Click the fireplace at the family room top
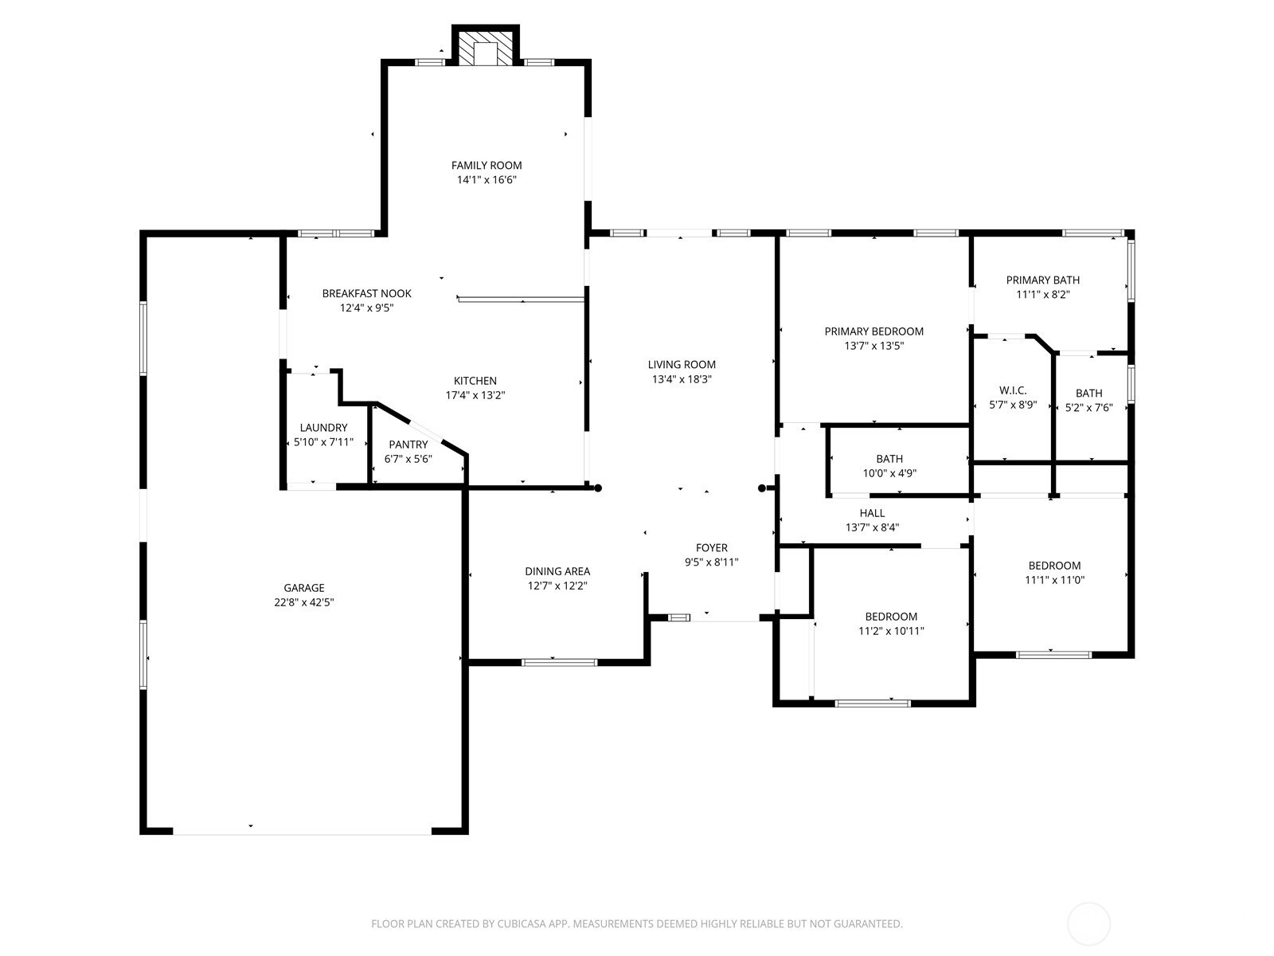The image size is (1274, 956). click(x=485, y=48)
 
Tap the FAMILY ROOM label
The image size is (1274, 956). click(x=487, y=166)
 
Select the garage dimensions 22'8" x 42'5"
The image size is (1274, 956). click(x=303, y=602)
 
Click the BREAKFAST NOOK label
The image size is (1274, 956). click(x=366, y=294)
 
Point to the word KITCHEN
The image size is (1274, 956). click(x=475, y=381)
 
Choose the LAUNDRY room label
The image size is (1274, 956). click(x=323, y=428)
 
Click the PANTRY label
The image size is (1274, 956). click(x=408, y=445)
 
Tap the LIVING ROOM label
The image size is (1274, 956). click(x=682, y=365)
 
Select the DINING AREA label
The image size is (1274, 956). click(x=557, y=571)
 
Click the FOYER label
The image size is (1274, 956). click(x=712, y=547)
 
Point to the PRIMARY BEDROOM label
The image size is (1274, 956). click(x=873, y=331)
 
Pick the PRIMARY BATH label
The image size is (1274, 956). click(x=1042, y=280)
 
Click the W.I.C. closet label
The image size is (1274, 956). click(x=1013, y=390)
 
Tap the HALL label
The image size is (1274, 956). click(x=872, y=513)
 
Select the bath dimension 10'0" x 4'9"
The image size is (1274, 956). click(x=889, y=473)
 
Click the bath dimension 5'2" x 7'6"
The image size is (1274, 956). click(x=1088, y=407)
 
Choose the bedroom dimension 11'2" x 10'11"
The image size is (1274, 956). click(x=891, y=631)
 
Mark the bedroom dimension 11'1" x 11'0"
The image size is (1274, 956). click(x=1054, y=580)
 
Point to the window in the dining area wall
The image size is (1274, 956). click(x=559, y=662)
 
